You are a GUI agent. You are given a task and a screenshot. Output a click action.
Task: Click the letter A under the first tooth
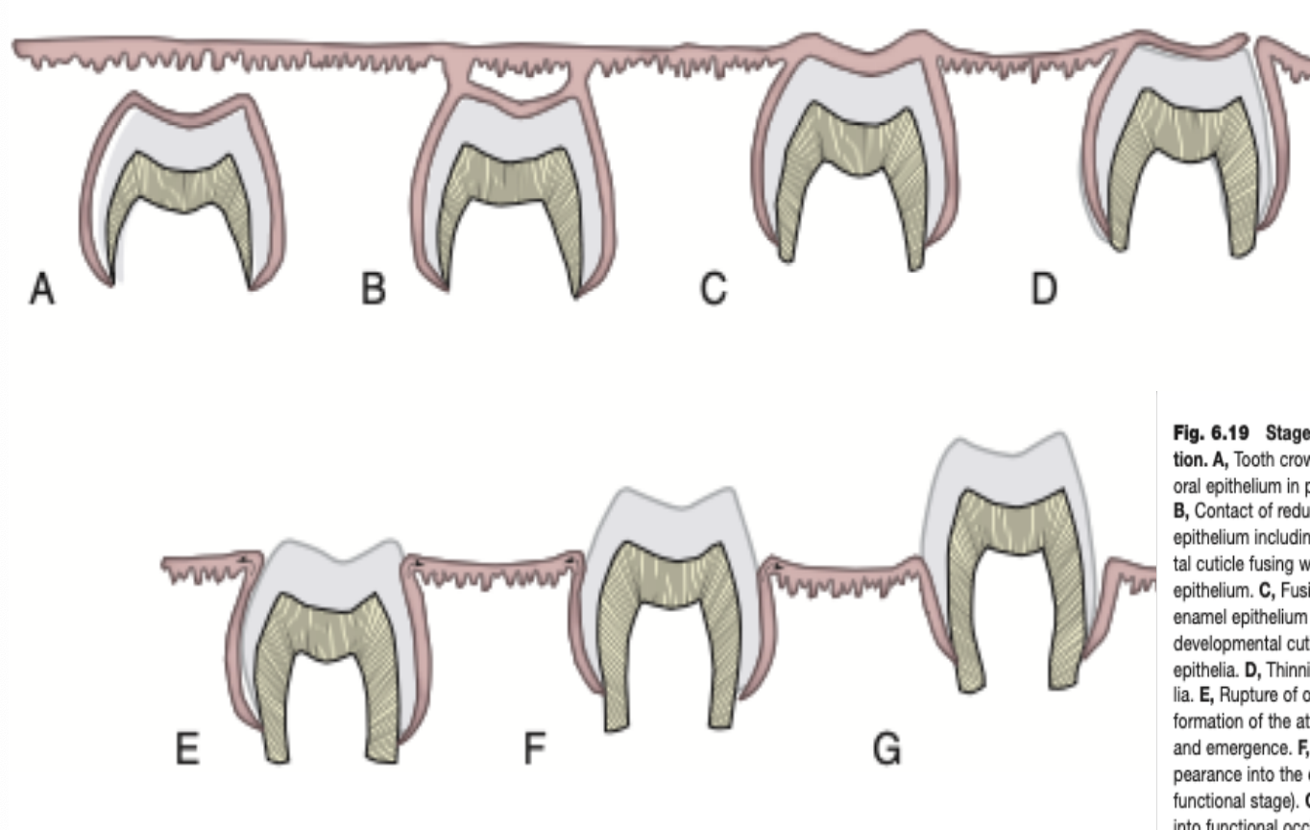pyautogui.click(x=41, y=288)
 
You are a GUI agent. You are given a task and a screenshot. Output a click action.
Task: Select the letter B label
pyautogui.click(x=374, y=288)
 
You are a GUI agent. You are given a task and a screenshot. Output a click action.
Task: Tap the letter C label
pyautogui.click(x=713, y=288)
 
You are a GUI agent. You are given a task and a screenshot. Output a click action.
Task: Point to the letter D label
pyautogui.click(x=1044, y=288)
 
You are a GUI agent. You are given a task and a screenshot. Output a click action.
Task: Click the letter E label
pyautogui.click(x=187, y=748)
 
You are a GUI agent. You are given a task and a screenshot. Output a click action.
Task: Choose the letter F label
pyautogui.click(x=534, y=748)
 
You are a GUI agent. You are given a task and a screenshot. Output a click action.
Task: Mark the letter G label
pyautogui.click(x=887, y=748)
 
